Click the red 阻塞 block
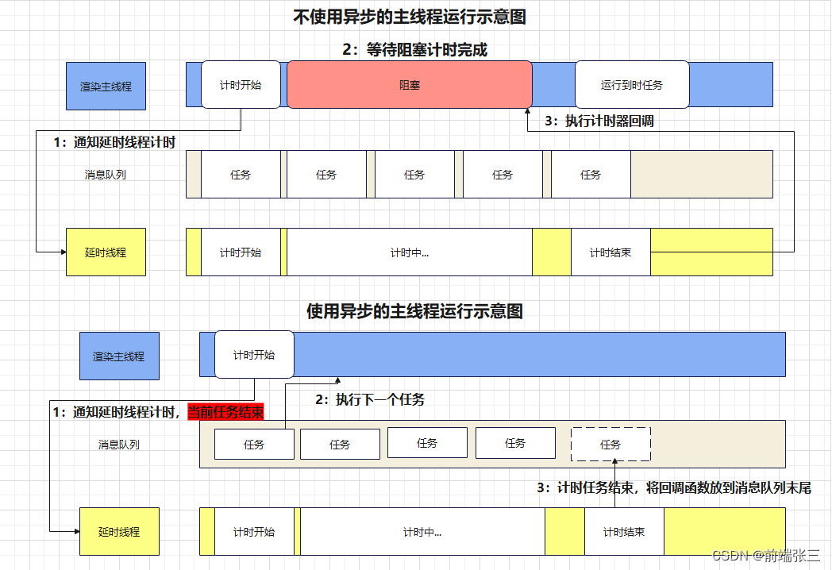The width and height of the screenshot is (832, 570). [409, 84]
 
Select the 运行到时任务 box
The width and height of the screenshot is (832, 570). [632, 84]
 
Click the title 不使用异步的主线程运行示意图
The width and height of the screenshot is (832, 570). [410, 17]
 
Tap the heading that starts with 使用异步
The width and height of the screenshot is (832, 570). [414, 311]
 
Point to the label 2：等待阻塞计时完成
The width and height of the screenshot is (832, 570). [414, 50]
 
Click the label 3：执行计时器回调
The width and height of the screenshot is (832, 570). [599, 121]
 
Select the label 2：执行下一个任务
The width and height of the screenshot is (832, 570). [370, 399]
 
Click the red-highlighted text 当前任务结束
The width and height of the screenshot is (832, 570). [225, 413]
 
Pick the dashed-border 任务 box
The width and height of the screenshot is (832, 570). [611, 445]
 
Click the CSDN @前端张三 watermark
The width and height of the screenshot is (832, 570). [765, 556]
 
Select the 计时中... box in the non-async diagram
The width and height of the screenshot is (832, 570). [409, 252]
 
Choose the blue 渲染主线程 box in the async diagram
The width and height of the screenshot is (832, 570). [119, 356]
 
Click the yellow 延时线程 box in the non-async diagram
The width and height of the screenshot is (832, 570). [106, 252]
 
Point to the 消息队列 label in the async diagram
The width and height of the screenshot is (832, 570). [119, 445]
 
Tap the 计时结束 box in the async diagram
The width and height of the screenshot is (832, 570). [623, 532]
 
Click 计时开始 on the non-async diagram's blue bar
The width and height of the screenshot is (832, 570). [241, 84]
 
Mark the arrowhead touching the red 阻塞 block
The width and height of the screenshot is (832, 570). [528, 112]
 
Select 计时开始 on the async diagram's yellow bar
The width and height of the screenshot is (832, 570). [254, 532]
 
